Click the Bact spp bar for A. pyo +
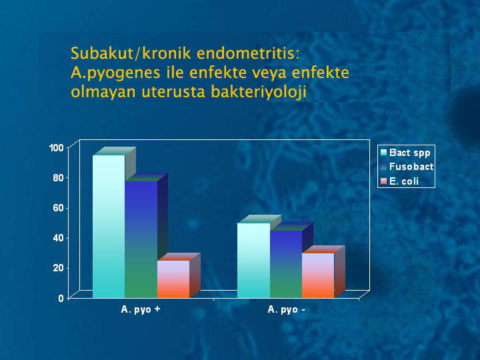(109, 226)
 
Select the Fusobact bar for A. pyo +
(141, 239)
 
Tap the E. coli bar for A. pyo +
(173, 279)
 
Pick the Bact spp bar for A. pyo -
(254, 260)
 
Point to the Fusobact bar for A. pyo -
(286, 264)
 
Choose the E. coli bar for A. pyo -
(318, 275)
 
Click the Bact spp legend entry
(405, 153)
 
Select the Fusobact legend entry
(407, 167)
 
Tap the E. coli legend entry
(399, 181)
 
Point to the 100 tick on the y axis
(56, 148)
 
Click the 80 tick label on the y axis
(58, 178)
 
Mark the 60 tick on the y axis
(58, 208)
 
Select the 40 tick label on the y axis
(58, 238)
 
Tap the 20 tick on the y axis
(58, 268)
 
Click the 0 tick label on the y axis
(61, 298)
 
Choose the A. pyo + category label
(141, 309)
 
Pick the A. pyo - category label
(286, 309)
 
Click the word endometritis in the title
(248, 53)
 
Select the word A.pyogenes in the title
(116, 73)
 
